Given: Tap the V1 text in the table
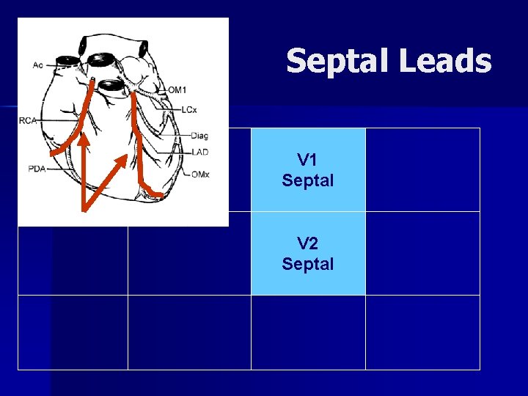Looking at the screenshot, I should [x=307, y=160].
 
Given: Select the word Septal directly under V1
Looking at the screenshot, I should [x=307, y=180].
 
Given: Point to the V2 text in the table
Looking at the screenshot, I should [x=307, y=243].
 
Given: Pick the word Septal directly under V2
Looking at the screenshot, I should [x=307, y=263].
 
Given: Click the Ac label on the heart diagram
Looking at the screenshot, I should [x=37, y=65].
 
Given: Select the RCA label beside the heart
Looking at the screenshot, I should [x=29, y=120].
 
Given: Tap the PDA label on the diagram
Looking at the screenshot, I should [x=37, y=169].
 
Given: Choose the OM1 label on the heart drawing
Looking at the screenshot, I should [x=177, y=90].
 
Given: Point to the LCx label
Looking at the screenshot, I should [x=189, y=110].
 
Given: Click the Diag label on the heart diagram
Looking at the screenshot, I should [x=199, y=136].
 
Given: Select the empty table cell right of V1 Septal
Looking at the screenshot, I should [x=422, y=169].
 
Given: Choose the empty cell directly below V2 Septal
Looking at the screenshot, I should [x=307, y=332].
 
